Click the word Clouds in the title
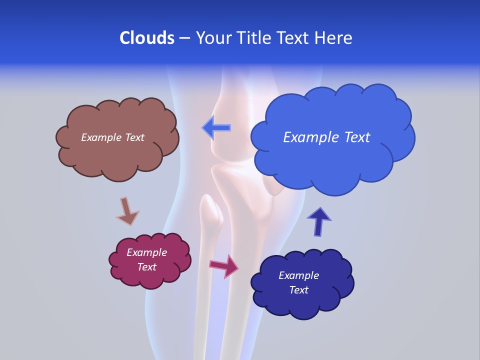pyautogui.click(x=147, y=38)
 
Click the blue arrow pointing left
pyautogui.click(x=216, y=128)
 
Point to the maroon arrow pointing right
pyautogui.click(x=224, y=266)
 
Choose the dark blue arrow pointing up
pyautogui.click(x=318, y=221)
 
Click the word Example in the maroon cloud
pyautogui.click(x=146, y=252)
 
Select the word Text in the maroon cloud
pyautogui.click(x=146, y=267)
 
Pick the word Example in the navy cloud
pyautogui.click(x=298, y=275)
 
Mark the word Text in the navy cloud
pyautogui.click(x=298, y=290)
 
